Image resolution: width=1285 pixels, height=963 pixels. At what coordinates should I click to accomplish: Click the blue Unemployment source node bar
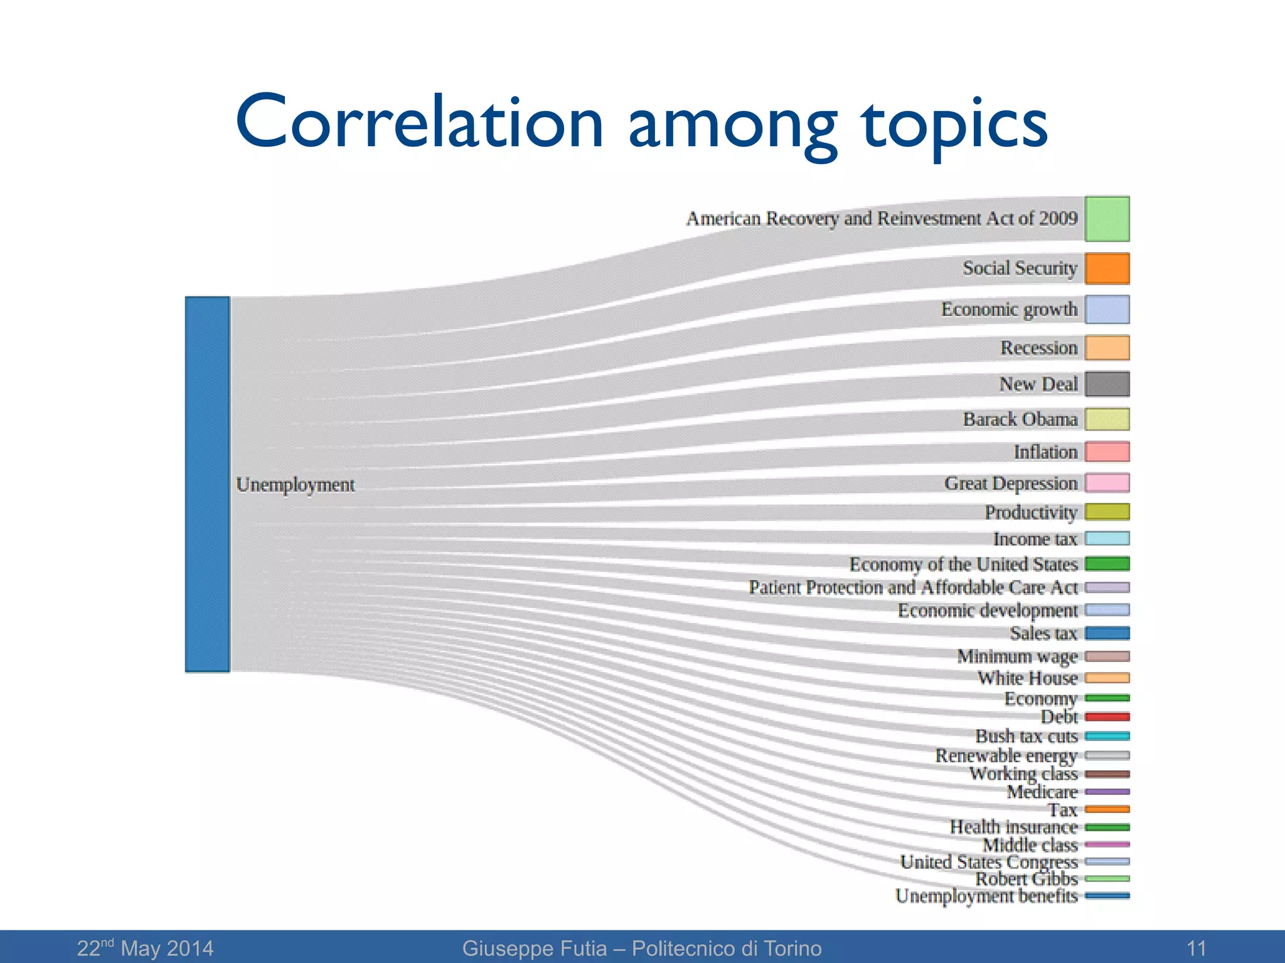(207, 484)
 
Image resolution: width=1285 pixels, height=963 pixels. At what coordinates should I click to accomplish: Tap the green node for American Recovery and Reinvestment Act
(1107, 219)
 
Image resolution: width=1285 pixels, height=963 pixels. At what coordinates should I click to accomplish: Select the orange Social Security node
(1107, 268)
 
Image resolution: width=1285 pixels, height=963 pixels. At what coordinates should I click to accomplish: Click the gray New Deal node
(1107, 384)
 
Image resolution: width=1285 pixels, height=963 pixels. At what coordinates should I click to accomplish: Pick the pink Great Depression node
(1107, 483)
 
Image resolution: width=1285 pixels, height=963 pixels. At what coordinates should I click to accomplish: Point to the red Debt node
(1107, 717)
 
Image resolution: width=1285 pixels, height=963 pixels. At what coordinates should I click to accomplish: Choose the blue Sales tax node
(1107, 633)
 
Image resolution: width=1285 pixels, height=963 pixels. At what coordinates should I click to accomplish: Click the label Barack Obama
(1020, 419)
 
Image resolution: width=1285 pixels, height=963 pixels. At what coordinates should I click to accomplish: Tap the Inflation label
(1045, 452)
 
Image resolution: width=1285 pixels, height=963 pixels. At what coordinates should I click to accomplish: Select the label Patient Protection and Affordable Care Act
(913, 587)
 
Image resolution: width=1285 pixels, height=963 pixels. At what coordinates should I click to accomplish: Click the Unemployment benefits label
(986, 896)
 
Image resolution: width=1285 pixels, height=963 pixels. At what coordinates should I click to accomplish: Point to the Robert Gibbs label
(1026, 879)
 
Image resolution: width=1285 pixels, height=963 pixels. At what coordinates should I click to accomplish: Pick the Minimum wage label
(1017, 656)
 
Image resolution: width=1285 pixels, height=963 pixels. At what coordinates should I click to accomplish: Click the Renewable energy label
(1006, 755)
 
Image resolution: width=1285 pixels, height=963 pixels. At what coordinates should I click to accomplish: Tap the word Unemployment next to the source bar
(296, 485)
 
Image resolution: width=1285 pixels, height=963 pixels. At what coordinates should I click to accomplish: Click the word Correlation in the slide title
(419, 122)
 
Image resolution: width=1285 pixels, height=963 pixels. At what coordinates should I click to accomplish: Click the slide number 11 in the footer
(1196, 948)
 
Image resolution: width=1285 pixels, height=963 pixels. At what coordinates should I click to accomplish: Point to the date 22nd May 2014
(145, 948)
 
